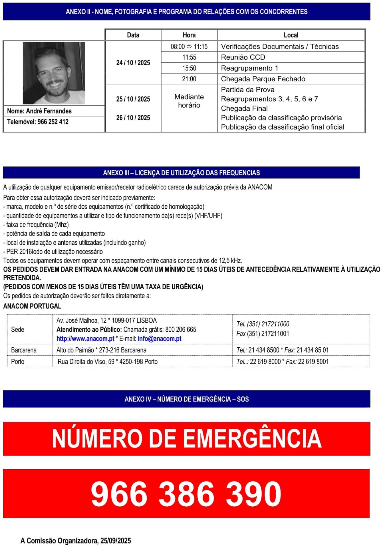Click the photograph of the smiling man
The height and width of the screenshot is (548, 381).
point(54,73)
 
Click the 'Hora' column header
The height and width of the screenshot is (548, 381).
point(189,35)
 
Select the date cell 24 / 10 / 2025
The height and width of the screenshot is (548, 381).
point(133,63)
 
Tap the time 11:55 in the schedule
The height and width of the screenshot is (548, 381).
point(189,57)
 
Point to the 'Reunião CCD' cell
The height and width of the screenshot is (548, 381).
point(243,57)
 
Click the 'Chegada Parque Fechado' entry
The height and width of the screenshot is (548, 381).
point(263,79)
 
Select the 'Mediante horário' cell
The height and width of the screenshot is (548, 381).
point(189,101)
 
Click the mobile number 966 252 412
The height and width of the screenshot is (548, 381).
point(53,122)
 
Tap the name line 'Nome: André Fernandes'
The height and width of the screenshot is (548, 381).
point(39,111)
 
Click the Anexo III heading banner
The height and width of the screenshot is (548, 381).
point(181,173)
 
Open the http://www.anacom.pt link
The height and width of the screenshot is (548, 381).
point(85,339)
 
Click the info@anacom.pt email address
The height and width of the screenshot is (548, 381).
point(160,339)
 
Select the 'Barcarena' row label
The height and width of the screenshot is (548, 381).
point(24,350)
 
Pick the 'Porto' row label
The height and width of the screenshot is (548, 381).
point(17,362)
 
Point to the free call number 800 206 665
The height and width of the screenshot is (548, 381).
point(181,330)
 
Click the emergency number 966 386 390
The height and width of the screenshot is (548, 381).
point(186,493)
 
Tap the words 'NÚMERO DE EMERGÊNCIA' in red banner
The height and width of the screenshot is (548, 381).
point(187,439)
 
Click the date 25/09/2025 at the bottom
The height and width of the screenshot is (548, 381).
point(116,541)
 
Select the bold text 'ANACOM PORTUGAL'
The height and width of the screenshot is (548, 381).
point(32,306)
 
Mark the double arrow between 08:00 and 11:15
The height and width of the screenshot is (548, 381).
point(189,47)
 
